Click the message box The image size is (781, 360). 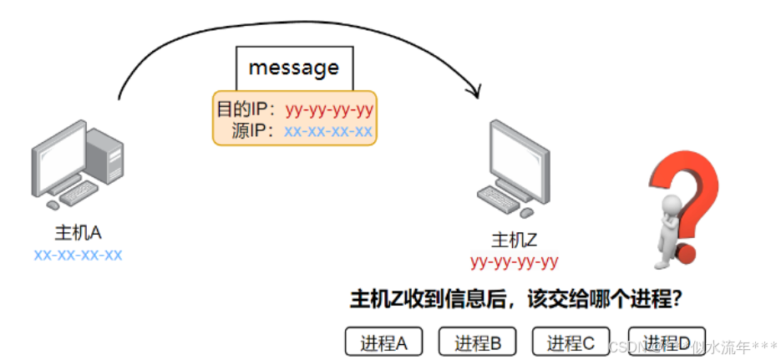[x=294, y=67]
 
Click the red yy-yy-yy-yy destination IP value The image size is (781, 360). [x=329, y=109]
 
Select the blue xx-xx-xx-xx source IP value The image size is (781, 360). [x=328, y=131]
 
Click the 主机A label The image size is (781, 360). [x=78, y=232]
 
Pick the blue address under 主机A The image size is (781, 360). [x=78, y=254]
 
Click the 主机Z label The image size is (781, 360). [x=514, y=241]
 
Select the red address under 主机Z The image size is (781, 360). [x=514, y=262]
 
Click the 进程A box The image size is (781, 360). [x=383, y=342]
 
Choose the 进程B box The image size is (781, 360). [x=477, y=342]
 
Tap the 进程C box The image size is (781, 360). [x=571, y=342]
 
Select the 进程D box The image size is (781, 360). [x=666, y=342]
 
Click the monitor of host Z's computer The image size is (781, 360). [x=520, y=155]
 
